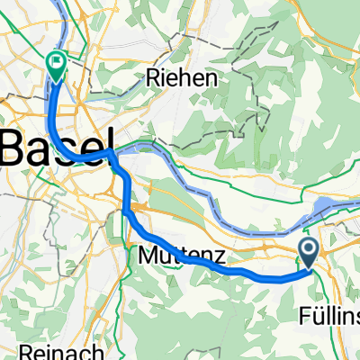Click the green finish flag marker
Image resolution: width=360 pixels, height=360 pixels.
56,64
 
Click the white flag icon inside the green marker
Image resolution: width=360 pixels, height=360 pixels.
56,63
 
